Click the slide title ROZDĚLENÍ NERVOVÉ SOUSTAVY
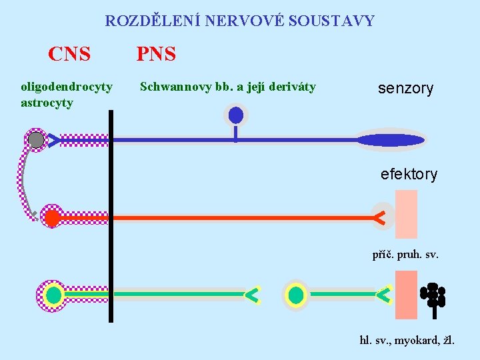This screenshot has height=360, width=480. coord(239,21)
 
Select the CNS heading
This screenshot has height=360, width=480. coord(69,54)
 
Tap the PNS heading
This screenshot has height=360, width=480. coord(156,54)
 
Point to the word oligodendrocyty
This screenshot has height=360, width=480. coord(67,87)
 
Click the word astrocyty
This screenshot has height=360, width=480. coord(47,103)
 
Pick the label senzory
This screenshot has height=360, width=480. coord(405,89)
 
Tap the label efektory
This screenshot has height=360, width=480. coord(409,175)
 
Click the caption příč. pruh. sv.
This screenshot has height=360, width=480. coord(405,254)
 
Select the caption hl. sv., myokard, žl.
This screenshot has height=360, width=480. coord(407,341)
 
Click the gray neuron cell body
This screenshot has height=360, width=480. coord(36,140)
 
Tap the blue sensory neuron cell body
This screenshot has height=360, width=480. coord(235,115)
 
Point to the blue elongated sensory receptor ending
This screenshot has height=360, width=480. coord(391,140)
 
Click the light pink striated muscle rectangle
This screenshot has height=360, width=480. coord(406,214)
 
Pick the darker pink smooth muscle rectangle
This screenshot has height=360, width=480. coord(406,295)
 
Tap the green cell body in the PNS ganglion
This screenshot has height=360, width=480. coord(296,295)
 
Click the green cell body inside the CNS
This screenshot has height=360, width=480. coord(54,295)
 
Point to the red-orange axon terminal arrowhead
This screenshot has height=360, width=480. coord(379,217)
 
